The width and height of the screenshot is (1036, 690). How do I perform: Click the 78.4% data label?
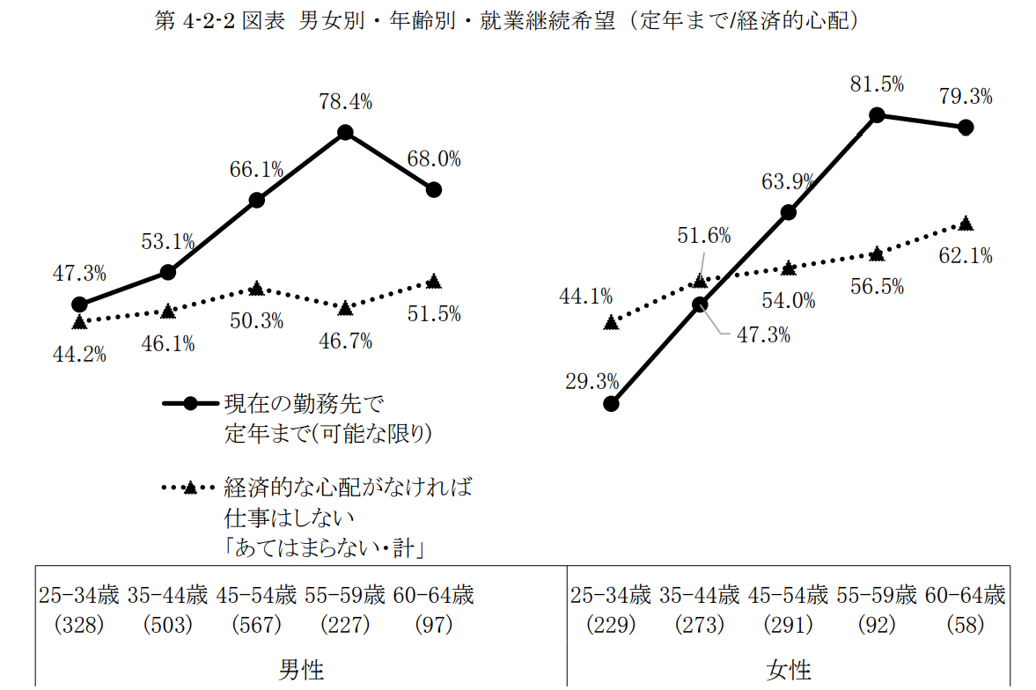point(345,102)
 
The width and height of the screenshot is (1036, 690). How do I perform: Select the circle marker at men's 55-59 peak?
point(345,132)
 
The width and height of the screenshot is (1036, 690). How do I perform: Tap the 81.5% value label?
point(877,84)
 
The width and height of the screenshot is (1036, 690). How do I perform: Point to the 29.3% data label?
point(591,382)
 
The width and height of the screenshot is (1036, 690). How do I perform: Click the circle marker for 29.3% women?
point(612,404)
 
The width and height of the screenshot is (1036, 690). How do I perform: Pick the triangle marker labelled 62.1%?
point(966,224)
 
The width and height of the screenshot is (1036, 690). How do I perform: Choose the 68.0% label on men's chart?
point(434,159)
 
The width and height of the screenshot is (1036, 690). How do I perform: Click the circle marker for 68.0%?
point(433,189)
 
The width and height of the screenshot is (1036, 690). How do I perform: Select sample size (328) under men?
point(79,625)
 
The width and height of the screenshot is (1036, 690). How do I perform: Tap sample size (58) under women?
point(964,625)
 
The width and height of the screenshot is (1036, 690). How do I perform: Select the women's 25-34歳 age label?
point(610,596)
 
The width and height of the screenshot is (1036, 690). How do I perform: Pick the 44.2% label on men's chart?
point(79,355)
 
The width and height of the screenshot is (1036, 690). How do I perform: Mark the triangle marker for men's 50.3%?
point(256,289)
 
